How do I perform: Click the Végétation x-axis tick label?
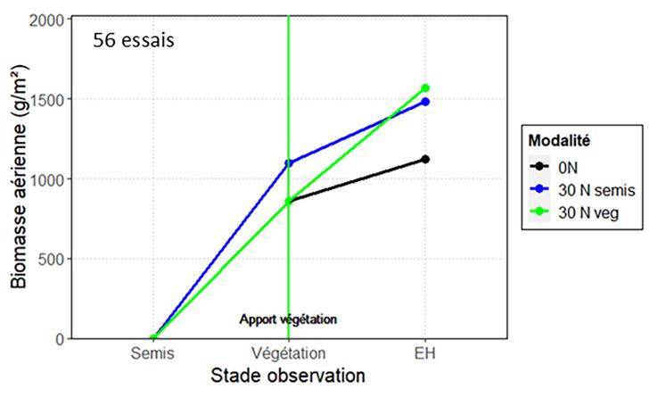(289, 354)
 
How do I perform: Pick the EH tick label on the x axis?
(425, 354)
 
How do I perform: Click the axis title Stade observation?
(288, 377)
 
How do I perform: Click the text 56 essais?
(134, 40)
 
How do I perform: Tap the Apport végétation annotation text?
(289, 319)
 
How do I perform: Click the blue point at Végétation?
(289, 163)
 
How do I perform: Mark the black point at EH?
(425, 159)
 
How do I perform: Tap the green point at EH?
(425, 87)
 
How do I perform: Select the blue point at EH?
(425, 102)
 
